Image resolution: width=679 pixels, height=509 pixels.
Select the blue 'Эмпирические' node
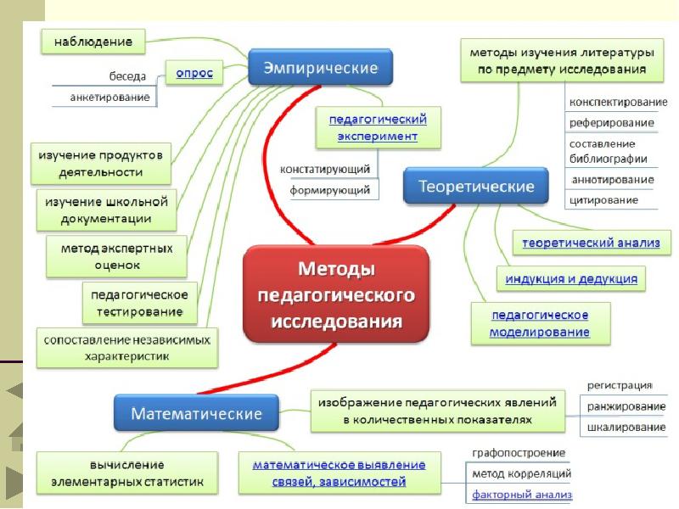pos(321,66)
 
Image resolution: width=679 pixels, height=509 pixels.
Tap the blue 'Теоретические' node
pos(469,186)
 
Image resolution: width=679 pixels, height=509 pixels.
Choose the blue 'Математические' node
pos(195,414)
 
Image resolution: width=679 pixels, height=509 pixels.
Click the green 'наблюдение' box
pos(93,39)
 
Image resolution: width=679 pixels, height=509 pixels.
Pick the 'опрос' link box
pos(194,74)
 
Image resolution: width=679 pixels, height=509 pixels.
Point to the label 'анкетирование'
pos(112,98)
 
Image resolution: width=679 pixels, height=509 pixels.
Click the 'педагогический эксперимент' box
pos(378,126)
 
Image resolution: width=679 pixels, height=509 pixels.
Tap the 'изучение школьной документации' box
pos(106,210)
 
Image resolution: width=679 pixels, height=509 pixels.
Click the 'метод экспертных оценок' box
pos(116,256)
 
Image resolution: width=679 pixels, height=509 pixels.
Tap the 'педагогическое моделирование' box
pos(540,323)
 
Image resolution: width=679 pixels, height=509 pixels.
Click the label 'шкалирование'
pos(626,428)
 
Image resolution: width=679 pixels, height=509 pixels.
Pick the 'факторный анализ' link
pos(522,493)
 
